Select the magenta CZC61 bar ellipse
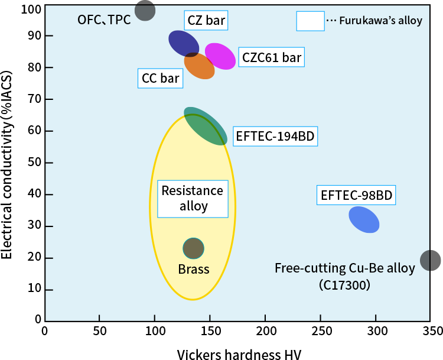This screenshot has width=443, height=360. coord(220,56)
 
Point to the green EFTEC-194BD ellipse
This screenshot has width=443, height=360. coord(206,127)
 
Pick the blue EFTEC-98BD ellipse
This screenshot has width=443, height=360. coord(364,219)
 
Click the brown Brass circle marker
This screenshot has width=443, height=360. coord(193,248)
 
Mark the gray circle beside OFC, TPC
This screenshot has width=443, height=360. coord(145,11)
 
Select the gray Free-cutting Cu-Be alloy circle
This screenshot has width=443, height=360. coord(431,260)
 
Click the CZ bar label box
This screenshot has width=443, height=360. coord(206,21)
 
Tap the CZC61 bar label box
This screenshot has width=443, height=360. coord(271,57)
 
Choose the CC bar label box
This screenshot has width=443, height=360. coord(161,78)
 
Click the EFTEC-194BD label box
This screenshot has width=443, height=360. coord(275,137)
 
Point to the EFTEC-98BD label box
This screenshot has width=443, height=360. coord(356,196)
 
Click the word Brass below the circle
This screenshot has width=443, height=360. coord(194,270)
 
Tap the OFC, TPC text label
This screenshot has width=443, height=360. coord(104,20)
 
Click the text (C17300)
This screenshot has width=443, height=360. coord(344,285)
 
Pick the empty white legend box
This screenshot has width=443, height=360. coord(310,21)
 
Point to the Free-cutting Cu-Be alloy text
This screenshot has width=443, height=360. coord(345,268)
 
